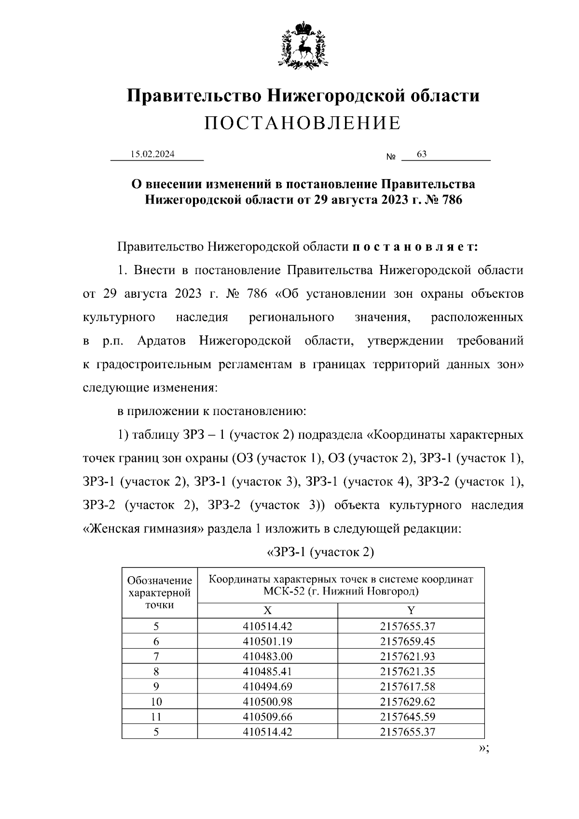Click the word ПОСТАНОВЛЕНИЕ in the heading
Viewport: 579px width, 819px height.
pos(303,124)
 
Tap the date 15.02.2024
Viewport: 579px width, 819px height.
pos(153,154)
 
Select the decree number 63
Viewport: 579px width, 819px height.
pos(422,154)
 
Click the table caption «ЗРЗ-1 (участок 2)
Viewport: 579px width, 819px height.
pos(320,552)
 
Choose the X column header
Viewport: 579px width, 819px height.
pos(267,611)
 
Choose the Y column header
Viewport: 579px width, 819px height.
pos(411,611)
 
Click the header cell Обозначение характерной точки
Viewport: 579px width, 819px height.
pos(160,592)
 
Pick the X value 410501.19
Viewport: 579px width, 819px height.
pos(267,641)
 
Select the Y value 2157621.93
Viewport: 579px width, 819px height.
pos(408,656)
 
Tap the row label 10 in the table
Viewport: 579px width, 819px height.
pos(156,702)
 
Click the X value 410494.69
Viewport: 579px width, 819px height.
pos(267,686)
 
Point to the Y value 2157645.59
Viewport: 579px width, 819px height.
pos(408,717)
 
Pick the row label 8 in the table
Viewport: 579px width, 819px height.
pos(156,671)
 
